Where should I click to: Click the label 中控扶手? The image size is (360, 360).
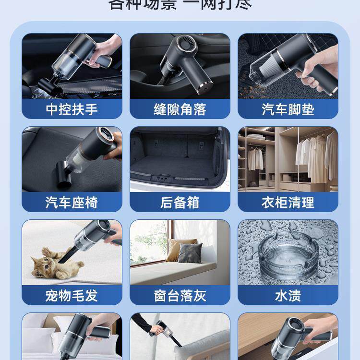pyautogui.click(x=72, y=109)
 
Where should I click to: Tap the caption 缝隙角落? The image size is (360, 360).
pyautogui.click(x=180, y=109)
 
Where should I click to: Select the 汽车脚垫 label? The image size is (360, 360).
pyautogui.click(x=288, y=109)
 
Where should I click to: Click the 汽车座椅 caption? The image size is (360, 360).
pyautogui.click(x=72, y=202)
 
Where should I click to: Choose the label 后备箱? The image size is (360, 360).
pyautogui.click(x=180, y=202)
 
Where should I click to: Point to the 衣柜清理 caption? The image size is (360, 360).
pyautogui.click(x=288, y=202)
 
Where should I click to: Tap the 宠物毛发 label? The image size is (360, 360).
pyautogui.click(x=72, y=295)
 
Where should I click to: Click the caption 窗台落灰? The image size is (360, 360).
pyautogui.click(x=180, y=295)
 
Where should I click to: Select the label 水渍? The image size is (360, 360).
pyautogui.click(x=288, y=295)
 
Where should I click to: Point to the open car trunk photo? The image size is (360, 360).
pyautogui.click(x=180, y=158)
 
